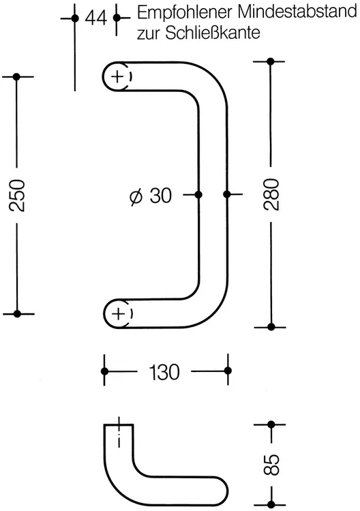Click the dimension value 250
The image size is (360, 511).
(x=17, y=195)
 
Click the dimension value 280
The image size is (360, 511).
(x=271, y=195)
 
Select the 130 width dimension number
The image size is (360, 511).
(x=164, y=372)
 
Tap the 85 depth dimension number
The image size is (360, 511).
(x=272, y=465)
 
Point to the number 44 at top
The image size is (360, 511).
(x=95, y=18)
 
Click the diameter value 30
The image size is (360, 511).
(x=160, y=196)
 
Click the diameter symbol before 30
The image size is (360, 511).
(x=136, y=196)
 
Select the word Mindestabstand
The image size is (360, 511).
(x=297, y=12)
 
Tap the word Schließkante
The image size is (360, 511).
(x=213, y=33)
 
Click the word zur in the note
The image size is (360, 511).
(x=149, y=35)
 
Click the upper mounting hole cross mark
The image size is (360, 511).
(x=117, y=77)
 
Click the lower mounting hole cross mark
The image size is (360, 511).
(x=118, y=314)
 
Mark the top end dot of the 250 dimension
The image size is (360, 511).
(x=17, y=77)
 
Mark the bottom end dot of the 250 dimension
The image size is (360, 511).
(x=18, y=314)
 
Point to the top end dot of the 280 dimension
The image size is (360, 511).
(x=270, y=61)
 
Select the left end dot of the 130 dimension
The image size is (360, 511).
(x=105, y=371)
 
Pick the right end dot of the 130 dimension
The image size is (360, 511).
(x=228, y=371)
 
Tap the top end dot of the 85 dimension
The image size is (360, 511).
(x=271, y=424)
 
